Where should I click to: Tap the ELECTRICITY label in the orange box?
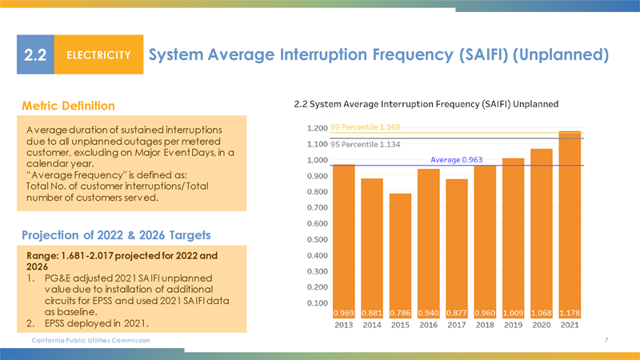point(98,55)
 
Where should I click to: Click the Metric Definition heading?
point(68,106)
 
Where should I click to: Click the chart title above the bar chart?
point(426,104)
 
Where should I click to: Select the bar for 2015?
point(400,248)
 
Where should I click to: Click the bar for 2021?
point(570,224)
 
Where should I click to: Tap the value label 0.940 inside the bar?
point(429,312)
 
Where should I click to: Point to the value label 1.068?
point(542,312)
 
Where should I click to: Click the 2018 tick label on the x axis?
point(486,326)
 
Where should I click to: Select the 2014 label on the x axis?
point(372,326)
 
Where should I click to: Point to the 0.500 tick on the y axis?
point(318,239)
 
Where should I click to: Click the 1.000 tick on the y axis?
point(318,160)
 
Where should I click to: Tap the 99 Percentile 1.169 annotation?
point(365,127)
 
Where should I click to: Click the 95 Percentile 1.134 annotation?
point(365,145)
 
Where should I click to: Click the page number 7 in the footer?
point(607,342)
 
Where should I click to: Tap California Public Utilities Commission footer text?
point(85,342)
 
